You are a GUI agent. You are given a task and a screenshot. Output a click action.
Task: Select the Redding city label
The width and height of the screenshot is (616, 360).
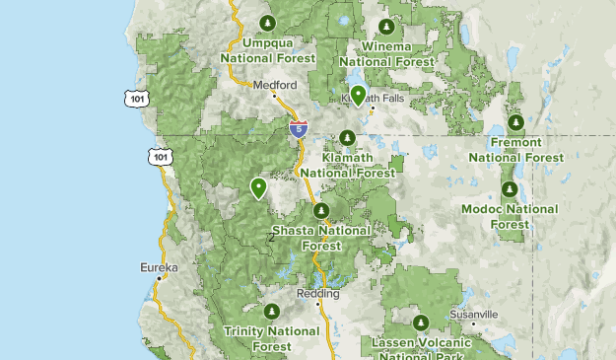pyautogui.click(x=318, y=294)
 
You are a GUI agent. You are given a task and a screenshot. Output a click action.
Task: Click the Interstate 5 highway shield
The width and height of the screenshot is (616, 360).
pyautogui.click(x=299, y=128)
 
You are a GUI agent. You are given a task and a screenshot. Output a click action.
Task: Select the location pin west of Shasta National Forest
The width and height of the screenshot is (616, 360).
pyautogui.click(x=259, y=187)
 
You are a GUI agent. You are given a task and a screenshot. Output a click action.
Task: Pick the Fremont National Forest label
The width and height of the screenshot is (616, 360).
pyautogui.click(x=515, y=151)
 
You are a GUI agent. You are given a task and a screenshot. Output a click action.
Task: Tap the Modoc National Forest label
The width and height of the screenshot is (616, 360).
pyautogui.click(x=510, y=216)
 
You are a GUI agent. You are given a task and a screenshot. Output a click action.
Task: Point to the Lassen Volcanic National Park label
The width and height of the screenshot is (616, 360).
pyautogui.click(x=421, y=347)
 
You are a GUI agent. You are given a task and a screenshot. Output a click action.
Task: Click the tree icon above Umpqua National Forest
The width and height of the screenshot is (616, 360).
pyautogui.click(x=266, y=23)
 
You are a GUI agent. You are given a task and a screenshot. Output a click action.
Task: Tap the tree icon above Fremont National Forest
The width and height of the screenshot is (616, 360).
pyautogui.click(x=515, y=122)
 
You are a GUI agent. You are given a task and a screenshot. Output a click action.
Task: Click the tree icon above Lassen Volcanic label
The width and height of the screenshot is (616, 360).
pyautogui.click(x=421, y=322)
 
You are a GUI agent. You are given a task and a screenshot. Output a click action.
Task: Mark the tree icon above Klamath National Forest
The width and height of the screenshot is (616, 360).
pyautogui.click(x=347, y=137)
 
